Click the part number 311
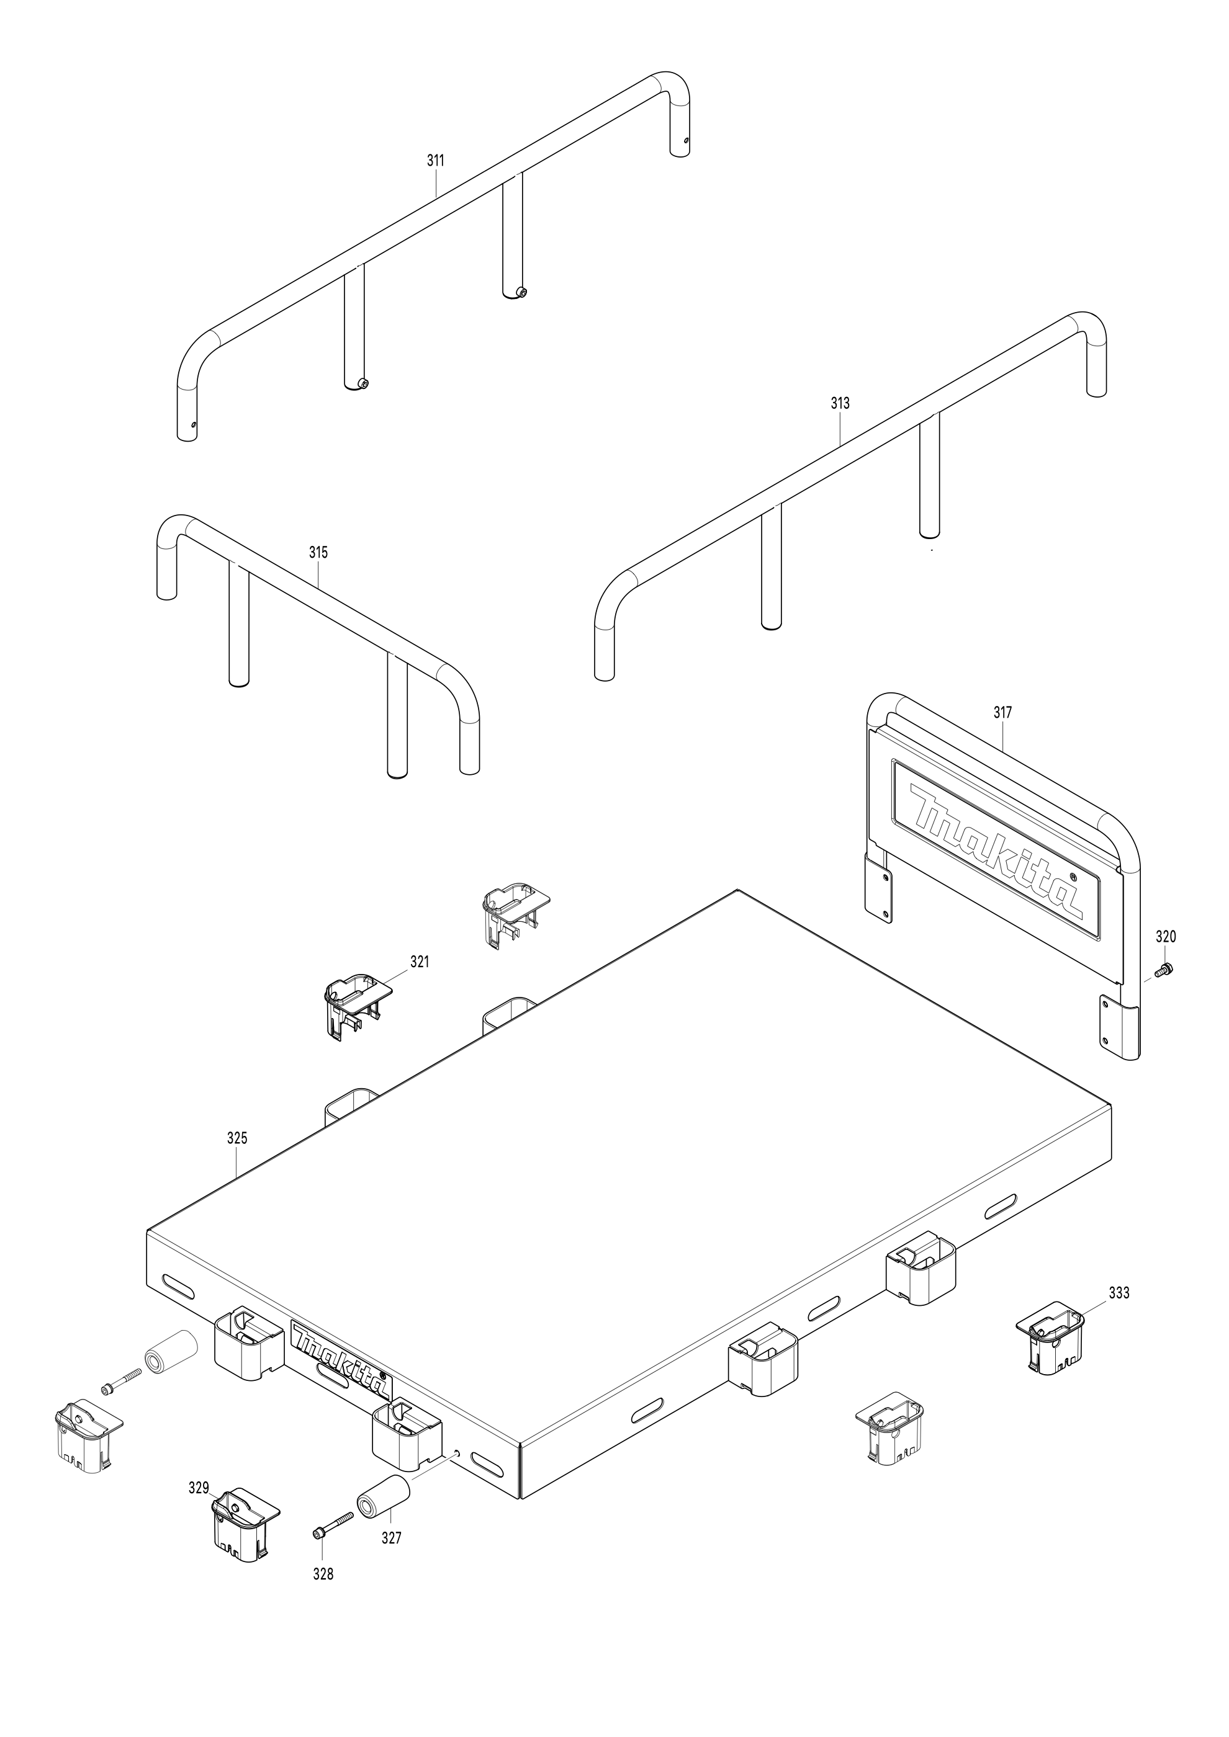[x=435, y=161]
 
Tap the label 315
[x=318, y=552]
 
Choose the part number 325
[x=237, y=1159]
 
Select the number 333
[x=1119, y=1293]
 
